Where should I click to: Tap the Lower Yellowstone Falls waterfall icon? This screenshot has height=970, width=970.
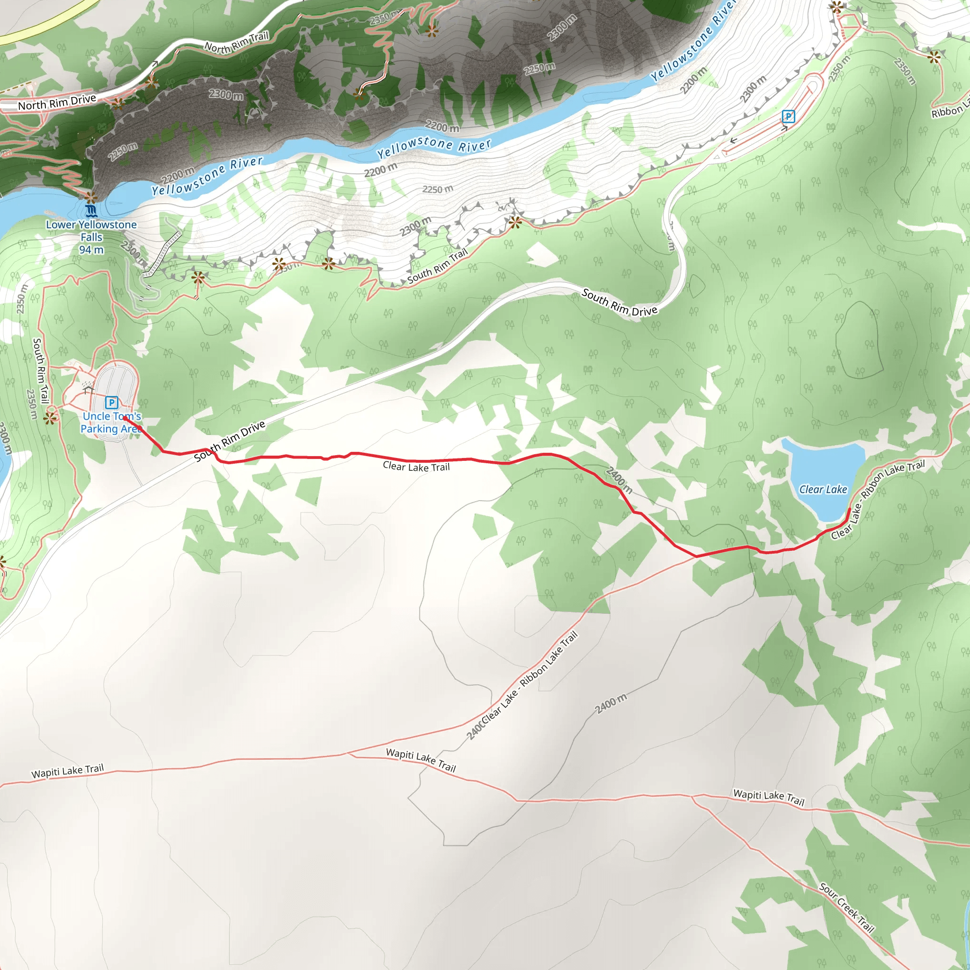coord(91,211)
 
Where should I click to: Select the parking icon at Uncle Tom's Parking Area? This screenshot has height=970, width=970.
coord(111,402)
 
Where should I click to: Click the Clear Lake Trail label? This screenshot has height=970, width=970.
coord(416,467)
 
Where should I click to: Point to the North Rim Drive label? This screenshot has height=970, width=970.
coord(57,102)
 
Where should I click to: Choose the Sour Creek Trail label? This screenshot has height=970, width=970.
coord(846,908)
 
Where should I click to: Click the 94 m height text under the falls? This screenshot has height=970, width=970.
coord(91,250)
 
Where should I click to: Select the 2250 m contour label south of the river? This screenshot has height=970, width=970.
coord(437,189)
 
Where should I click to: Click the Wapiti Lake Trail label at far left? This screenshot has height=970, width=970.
coord(67,771)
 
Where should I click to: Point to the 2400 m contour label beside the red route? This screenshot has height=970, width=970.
coord(619,479)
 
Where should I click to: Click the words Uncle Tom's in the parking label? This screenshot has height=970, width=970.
coord(111,416)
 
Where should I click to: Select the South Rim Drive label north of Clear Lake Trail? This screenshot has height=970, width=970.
coord(619,302)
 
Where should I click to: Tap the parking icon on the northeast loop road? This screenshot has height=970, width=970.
coord(788,117)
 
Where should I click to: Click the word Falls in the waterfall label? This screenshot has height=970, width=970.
coord(91,237)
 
